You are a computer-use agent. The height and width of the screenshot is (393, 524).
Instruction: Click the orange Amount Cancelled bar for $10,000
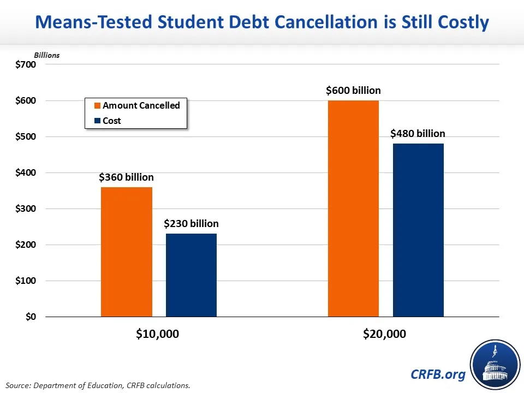127,252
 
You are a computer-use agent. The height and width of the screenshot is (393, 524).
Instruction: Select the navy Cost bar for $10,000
191,275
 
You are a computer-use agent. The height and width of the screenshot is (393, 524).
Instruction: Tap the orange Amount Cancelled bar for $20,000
353,209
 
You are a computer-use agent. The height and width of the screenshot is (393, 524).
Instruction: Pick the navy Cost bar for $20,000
418,230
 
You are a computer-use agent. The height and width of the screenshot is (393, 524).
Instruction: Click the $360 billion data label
126,177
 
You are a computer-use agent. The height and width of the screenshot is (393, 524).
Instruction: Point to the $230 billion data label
191,224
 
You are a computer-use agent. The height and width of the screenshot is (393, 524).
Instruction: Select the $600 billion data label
353,91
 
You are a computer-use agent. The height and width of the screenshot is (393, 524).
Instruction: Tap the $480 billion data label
418,134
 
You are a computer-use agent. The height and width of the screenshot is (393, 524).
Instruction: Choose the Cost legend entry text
112,121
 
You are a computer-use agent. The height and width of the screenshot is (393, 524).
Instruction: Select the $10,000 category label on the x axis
157,334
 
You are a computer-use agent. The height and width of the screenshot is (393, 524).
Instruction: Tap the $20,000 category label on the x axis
384,334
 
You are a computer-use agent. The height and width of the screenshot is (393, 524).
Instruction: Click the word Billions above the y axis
47,55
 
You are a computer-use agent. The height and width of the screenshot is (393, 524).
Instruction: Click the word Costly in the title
457,22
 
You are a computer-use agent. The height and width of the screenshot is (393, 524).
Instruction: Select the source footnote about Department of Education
98,385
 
